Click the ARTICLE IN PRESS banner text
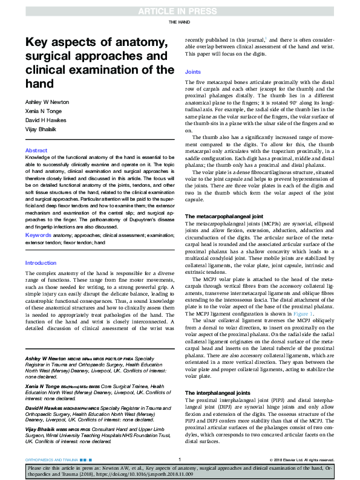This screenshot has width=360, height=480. [x=180, y=10]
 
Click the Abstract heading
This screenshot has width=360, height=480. [x=36, y=151]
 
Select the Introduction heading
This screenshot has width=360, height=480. [x=41, y=263]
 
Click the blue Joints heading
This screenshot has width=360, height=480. [x=193, y=72]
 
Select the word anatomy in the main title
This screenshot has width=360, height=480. [x=138, y=42]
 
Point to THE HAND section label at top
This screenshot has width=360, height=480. [x=180, y=22]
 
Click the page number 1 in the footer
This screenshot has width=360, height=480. [x=180, y=460]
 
